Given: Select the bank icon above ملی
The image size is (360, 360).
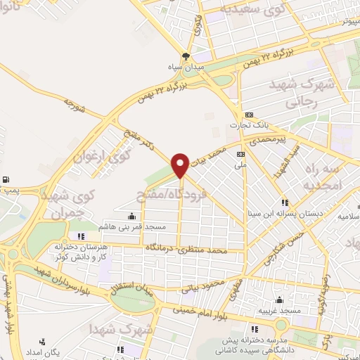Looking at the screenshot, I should [241, 154].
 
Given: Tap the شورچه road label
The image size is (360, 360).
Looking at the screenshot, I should [75, 105].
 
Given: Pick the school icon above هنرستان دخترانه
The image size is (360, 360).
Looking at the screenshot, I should [81, 236].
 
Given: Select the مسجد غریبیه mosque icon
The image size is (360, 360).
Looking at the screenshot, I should [280, 300].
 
